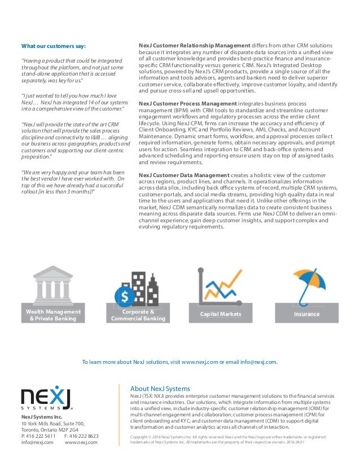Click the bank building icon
coord(53,288)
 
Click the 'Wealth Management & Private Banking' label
coord(53,315)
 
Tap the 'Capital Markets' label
coord(221,314)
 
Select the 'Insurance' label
coord(307,314)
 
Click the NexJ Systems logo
coord(47,399)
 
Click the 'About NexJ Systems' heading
coord(160,389)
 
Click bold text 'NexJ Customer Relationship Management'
coord(194,45)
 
